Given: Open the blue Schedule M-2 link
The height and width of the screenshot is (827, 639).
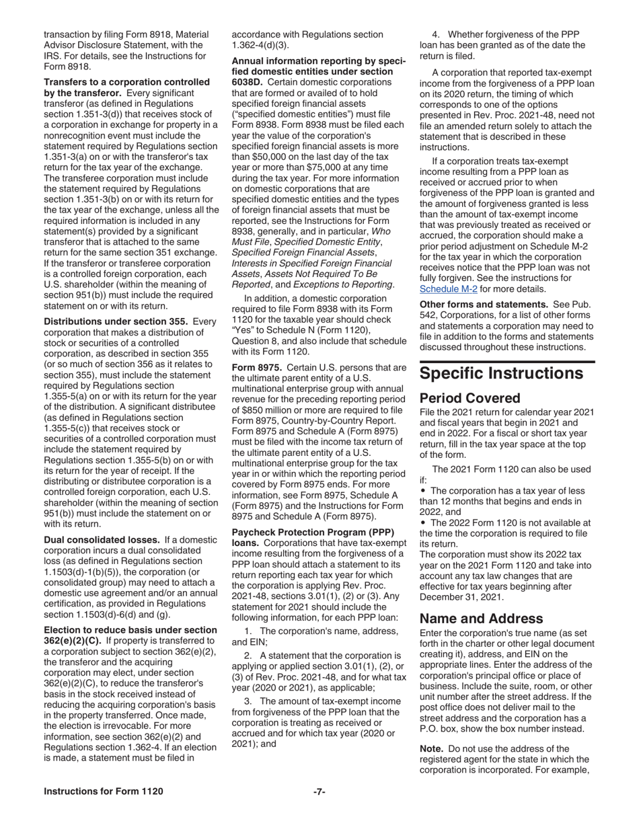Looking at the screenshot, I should click(448, 288).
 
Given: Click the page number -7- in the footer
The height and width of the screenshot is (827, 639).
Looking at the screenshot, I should click(319, 791).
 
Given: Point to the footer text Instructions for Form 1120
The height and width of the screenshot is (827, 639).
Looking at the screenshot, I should click(103, 791).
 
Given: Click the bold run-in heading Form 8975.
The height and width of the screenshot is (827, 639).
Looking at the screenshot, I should click(252, 368).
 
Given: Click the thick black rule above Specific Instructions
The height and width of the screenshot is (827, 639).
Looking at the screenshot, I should click(507, 362).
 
